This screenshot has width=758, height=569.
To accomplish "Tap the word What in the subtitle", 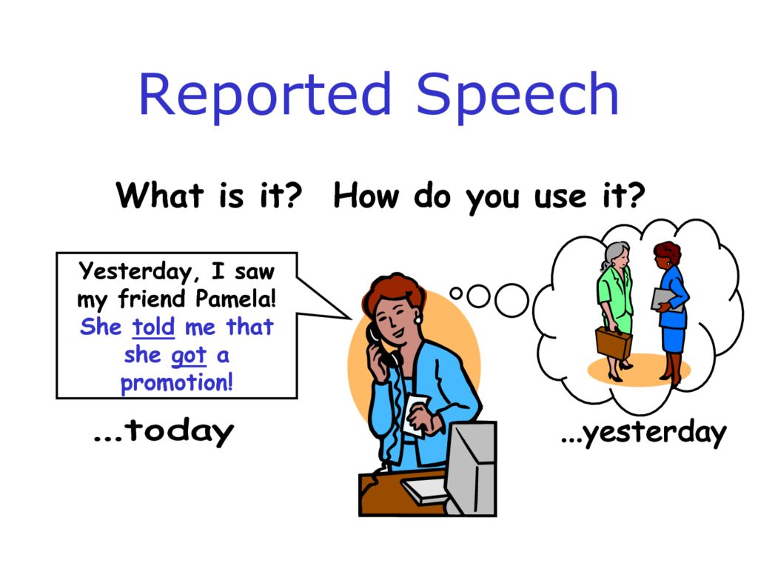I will click(x=160, y=196).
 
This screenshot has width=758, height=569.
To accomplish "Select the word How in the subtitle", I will click(x=369, y=196).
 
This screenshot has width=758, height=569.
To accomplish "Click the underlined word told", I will click(x=153, y=327).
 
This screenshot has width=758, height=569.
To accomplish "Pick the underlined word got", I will click(x=188, y=355).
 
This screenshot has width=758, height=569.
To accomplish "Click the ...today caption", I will click(x=164, y=432).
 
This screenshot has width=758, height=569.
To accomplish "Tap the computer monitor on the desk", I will click(x=471, y=463).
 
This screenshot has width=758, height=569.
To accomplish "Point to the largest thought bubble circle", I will click(x=511, y=299).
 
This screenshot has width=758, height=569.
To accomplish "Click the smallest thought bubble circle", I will click(x=456, y=293).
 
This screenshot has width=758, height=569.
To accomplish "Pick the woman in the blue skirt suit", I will click(x=672, y=311).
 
